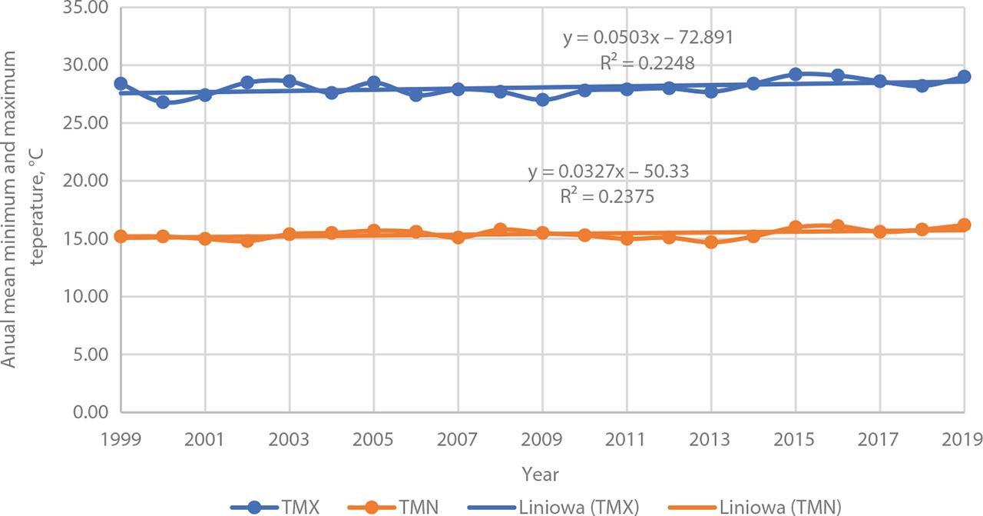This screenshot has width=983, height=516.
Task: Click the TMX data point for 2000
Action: point(163,102)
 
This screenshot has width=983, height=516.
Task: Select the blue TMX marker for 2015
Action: point(796,75)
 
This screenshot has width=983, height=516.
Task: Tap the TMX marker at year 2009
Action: point(542,100)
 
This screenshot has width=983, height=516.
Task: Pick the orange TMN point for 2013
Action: point(711,241)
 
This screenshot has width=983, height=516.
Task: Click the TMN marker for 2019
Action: point(964,225)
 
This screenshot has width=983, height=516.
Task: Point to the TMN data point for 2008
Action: point(500,229)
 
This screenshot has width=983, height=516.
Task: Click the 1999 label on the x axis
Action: point(121,439)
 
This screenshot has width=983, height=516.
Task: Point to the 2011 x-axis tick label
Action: point(627,439)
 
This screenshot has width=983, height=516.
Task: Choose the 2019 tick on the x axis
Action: point(964,439)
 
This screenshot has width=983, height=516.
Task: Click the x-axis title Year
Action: point(541,474)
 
